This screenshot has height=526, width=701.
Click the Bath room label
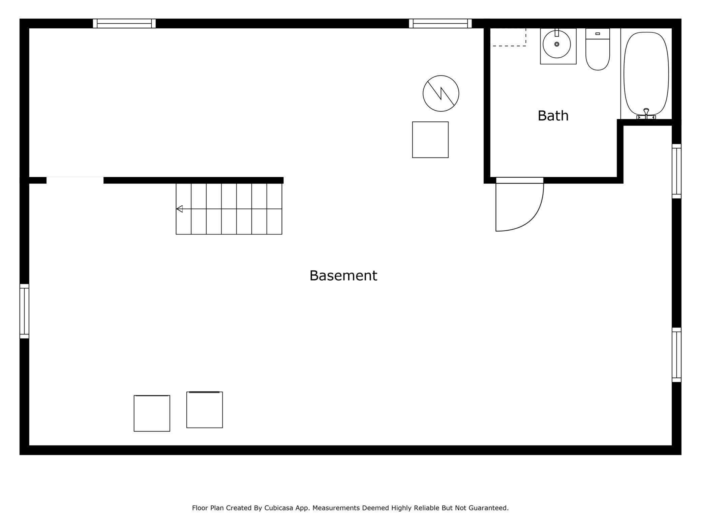pyautogui.click(x=553, y=116)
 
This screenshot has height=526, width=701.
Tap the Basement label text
pyautogui.click(x=343, y=275)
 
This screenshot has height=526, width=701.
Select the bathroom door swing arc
pyautogui.click(x=532, y=216)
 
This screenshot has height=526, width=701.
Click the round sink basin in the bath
pyautogui.click(x=556, y=44)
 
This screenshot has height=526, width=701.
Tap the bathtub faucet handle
pyautogui.click(x=646, y=111)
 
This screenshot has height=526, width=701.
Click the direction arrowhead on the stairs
pyautogui.click(x=180, y=209)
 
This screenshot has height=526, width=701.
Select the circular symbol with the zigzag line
pyautogui.click(x=440, y=93)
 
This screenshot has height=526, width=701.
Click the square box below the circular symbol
pyautogui.click(x=430, y=140)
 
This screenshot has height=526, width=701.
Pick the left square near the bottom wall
pyautogui.click(x=152, y=413)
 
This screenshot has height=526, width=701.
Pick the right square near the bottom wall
pyautogui.click(x=204, y=410)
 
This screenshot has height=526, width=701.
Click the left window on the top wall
pyautogui.click(x=124, y=24)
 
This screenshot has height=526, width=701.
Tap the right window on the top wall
pyautogui.click(x=440, y=24)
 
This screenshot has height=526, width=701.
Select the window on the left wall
pyautogui.click(x=24, y=311)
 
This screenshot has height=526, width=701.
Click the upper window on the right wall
pyautogui.click(x=676, y=171)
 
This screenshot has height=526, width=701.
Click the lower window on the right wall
pyautogui.click(x=676, y=355)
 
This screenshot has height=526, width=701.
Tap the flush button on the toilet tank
pyautogui.click(x=598, y=34)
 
